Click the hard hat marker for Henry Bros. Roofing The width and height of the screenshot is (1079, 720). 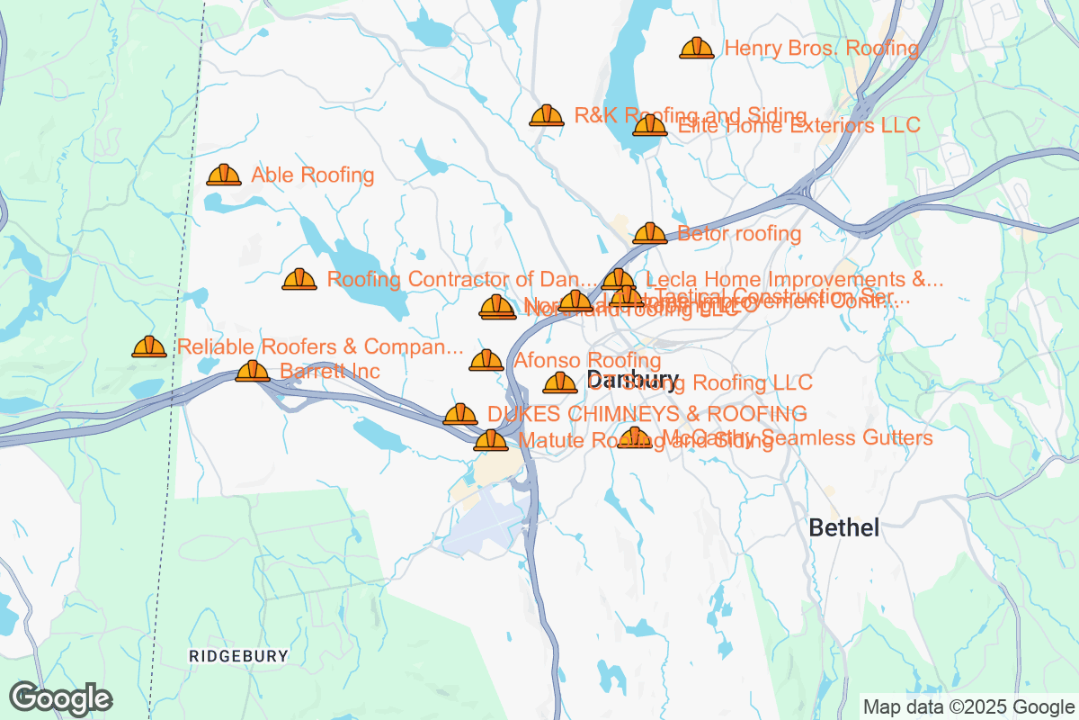[697, 48]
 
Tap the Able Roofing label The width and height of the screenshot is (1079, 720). [313, 175]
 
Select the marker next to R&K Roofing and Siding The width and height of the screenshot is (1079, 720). [547, 115]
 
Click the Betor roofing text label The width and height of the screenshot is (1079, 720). [739, 234]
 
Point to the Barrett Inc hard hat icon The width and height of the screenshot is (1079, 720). [253, 371]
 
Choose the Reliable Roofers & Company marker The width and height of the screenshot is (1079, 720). [149, 346]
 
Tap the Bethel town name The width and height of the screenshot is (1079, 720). [844, 527]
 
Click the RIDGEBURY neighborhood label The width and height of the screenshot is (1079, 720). [239, 656]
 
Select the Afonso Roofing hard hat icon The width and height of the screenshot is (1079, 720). [486, 361]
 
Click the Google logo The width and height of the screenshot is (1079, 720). [61, 698]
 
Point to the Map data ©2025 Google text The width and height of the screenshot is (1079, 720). [968, 706]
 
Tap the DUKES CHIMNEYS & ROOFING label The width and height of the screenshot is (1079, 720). [647, 414]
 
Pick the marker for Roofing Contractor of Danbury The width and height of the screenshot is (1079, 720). [299, 280]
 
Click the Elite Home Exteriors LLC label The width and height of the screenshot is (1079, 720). [799, 126]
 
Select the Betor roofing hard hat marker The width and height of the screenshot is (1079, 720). [650, 234]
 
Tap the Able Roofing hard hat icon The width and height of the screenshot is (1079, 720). [224, 175]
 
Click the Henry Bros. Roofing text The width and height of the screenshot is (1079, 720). [821, 49]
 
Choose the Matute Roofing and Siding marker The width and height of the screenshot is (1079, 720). [490, 440]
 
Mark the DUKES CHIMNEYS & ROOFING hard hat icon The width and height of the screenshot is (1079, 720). [460, 414]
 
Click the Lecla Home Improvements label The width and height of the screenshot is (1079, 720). [794, 279]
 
